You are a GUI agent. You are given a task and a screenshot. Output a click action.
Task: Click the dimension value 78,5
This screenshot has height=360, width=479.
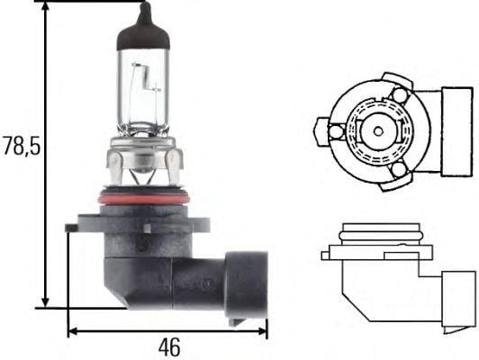click(x=20, y=146)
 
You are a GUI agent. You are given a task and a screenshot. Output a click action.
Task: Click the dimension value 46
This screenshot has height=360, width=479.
click(x=167, y=346)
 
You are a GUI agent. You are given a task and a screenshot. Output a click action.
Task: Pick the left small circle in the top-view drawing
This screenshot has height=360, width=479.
click(x=336, y=132)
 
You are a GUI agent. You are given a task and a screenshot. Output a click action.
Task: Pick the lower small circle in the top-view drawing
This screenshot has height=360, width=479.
click(x=398, y=168)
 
